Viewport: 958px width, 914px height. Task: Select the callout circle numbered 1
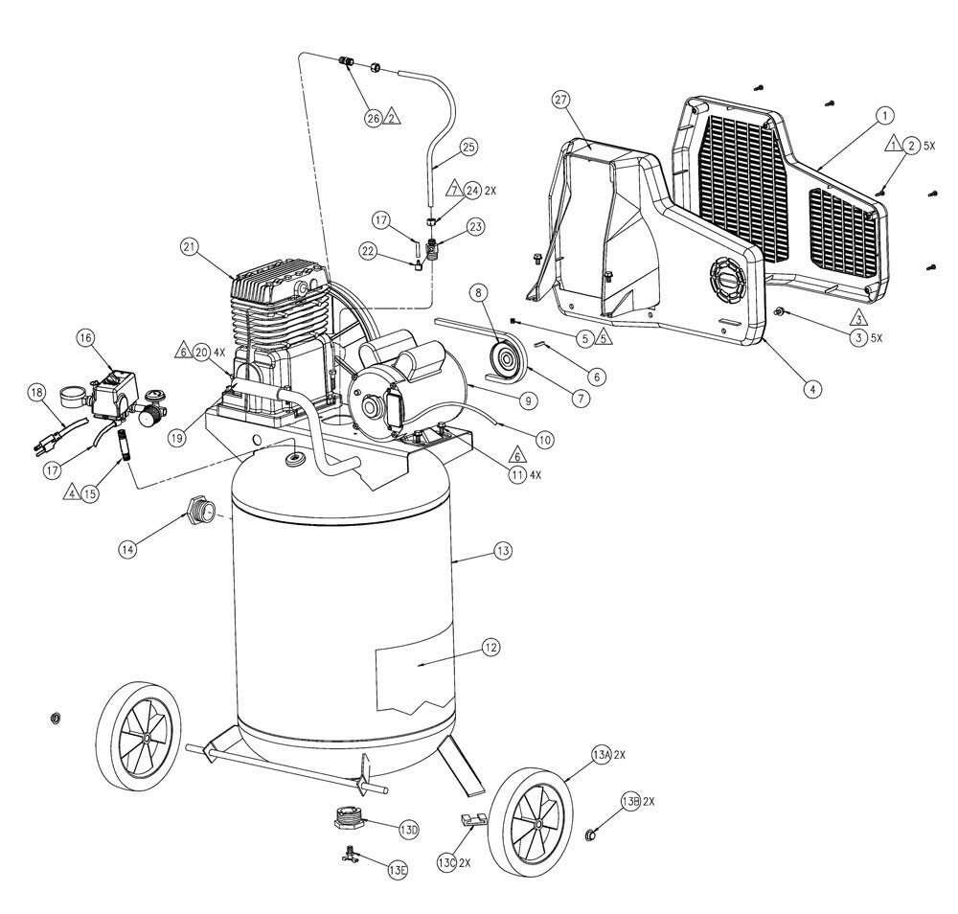coord(885,114)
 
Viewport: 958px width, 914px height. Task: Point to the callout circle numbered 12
coord(490,649)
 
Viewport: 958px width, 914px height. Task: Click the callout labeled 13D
coord(407,829)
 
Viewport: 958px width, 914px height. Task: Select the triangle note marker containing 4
coord(71,494)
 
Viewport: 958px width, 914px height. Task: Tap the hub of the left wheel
coord(143,739)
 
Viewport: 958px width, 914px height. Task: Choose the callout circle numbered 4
coord(811,389)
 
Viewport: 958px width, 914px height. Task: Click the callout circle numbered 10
coord(544,440)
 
